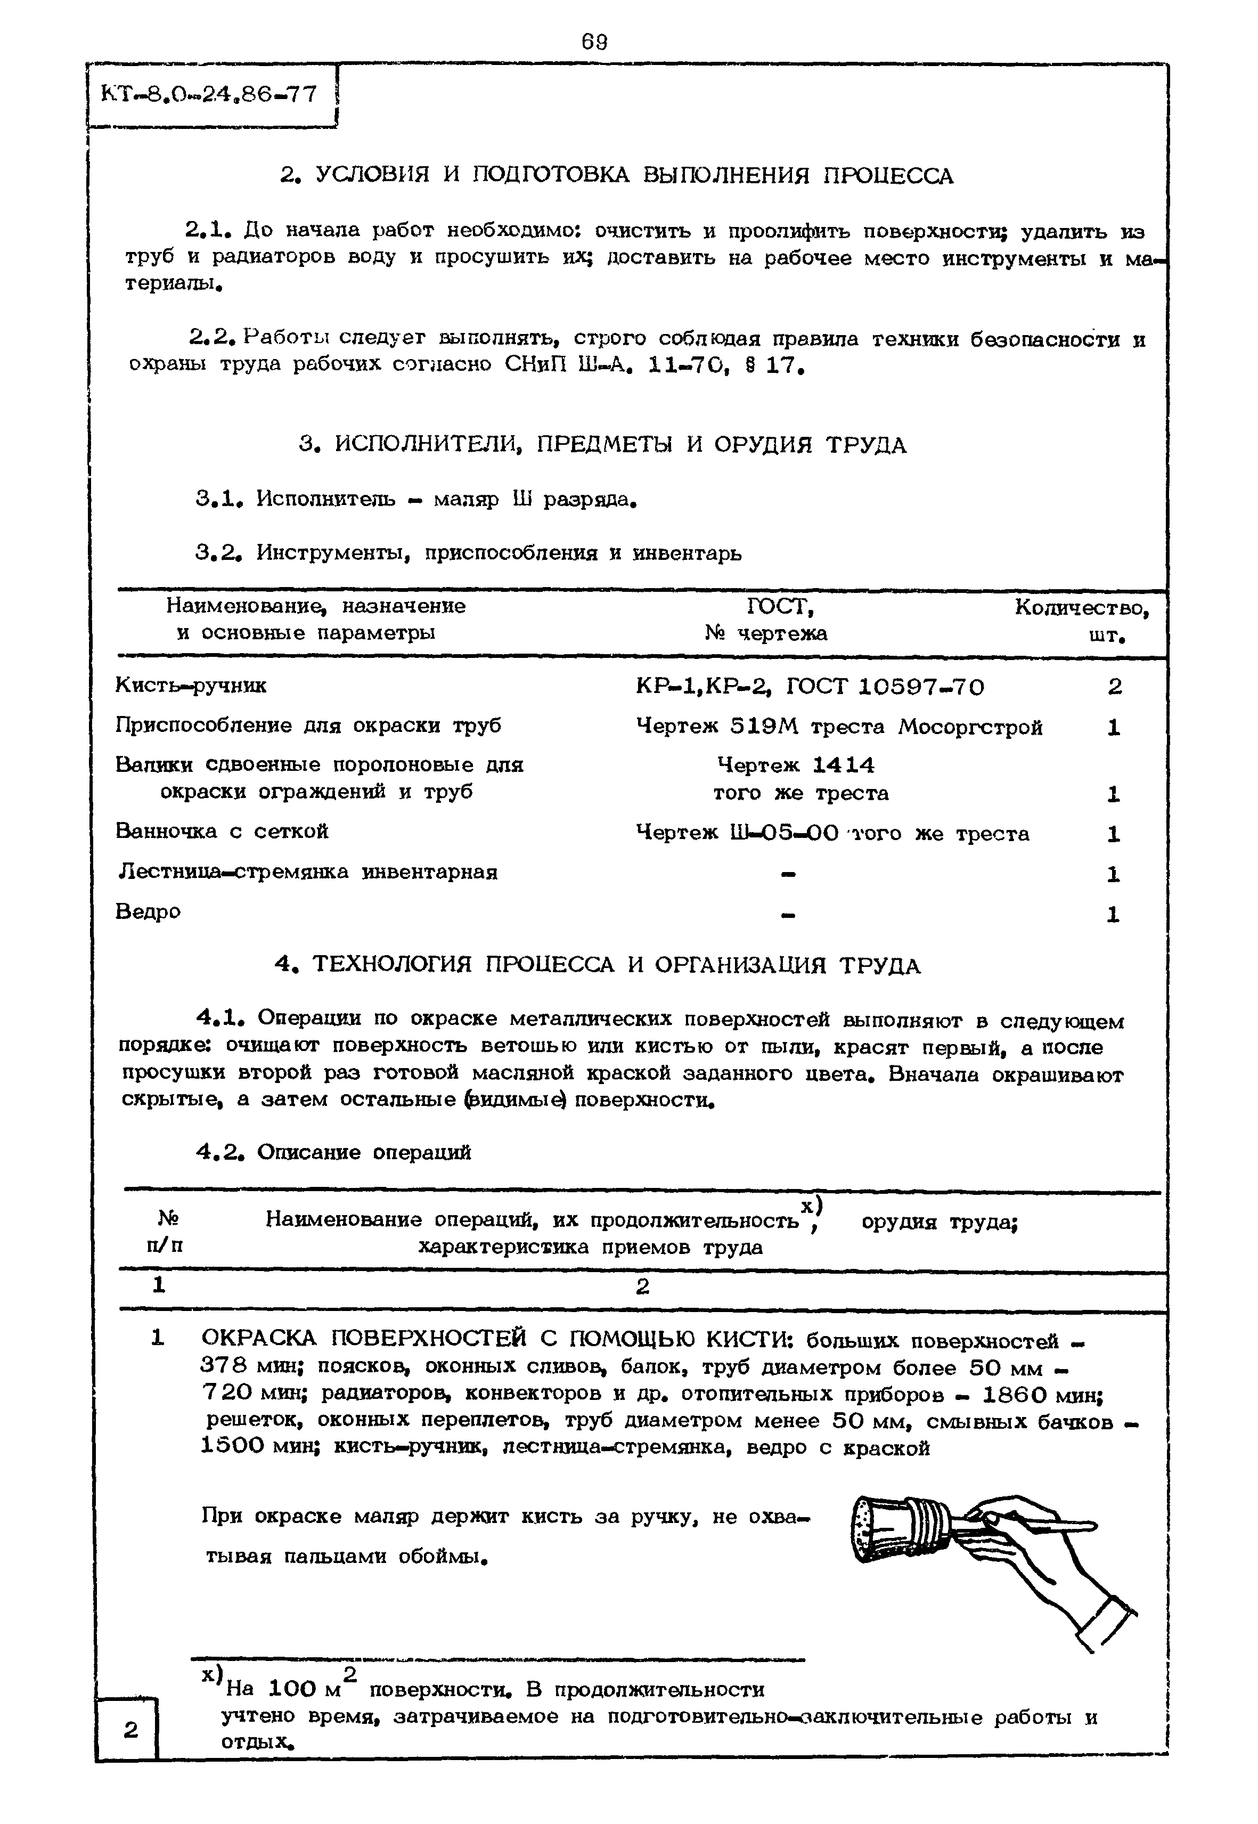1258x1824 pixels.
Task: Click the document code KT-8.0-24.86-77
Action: (209, 95)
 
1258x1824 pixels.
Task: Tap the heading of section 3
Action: (603, 445)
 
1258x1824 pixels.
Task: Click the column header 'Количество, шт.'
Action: (1081, 620)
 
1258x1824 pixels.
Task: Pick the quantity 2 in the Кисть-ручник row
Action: (1114, 687)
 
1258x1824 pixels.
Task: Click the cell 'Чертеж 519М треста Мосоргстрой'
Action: (839, 727)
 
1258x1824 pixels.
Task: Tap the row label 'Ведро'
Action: (148, 912)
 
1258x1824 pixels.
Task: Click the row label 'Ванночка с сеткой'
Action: (222, 832)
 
